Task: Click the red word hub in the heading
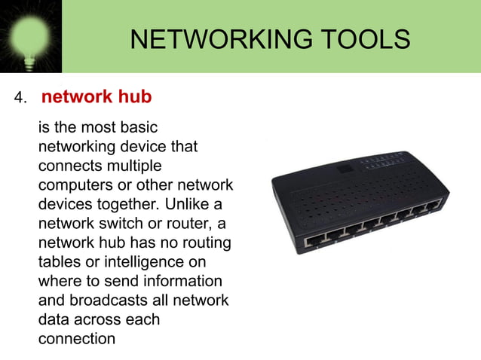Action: [135, 97]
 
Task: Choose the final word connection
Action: [77, 339]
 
